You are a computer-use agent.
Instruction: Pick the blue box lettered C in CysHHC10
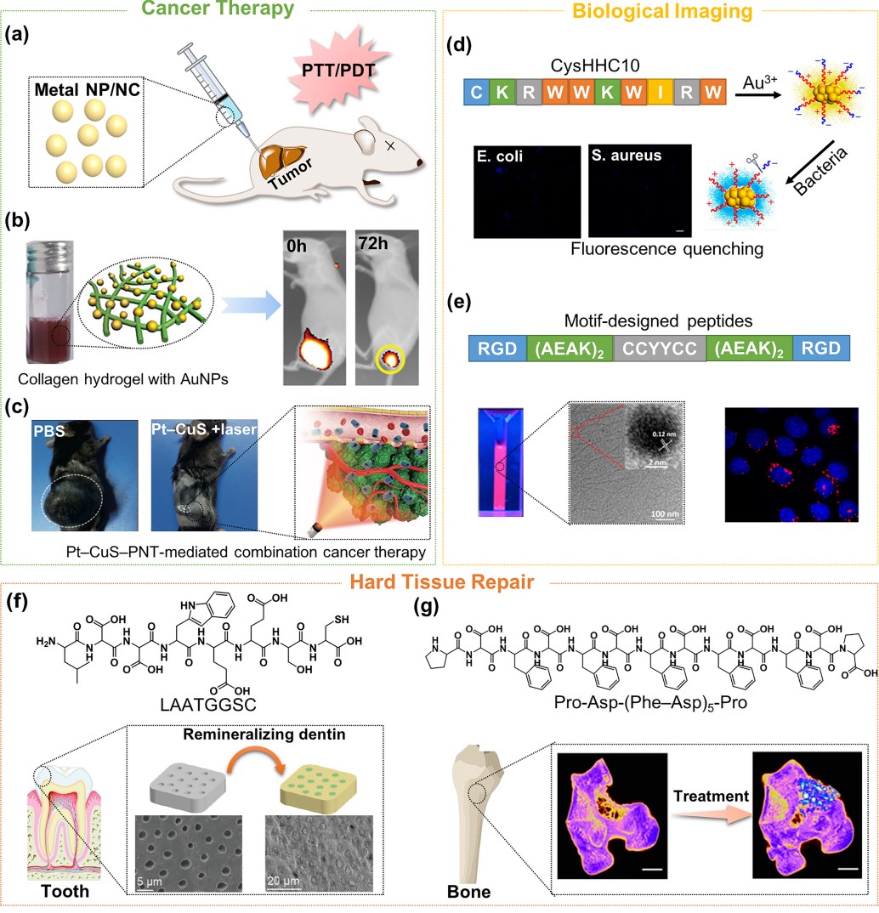click(x=479, y=93)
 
